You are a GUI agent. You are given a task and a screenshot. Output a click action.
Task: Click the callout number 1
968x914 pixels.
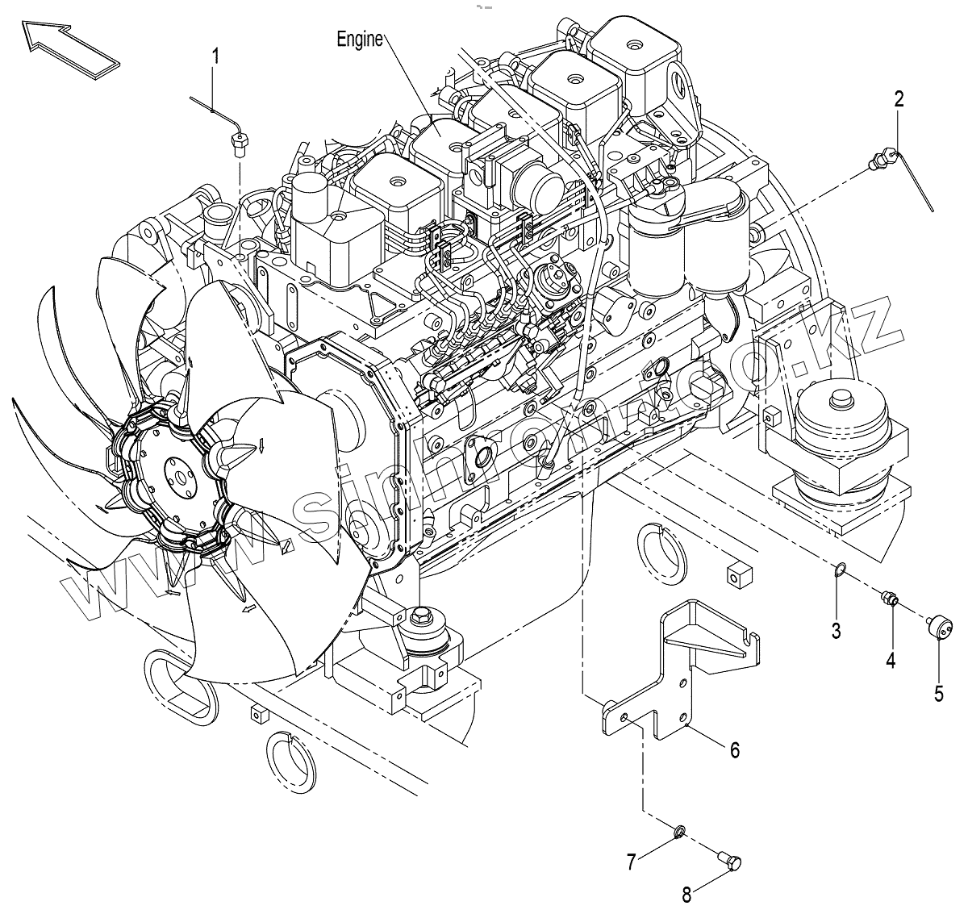tap(215, 56)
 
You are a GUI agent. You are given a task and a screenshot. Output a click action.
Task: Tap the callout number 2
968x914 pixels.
tap(899, 99)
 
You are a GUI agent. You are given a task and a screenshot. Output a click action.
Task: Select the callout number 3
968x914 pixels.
tap(837, 631)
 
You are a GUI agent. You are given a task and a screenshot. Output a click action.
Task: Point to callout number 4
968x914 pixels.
tap(891, 660)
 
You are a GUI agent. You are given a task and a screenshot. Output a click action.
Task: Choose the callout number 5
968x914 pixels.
tap(938, 692)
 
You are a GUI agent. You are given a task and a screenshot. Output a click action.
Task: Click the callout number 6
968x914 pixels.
tap(735, 749)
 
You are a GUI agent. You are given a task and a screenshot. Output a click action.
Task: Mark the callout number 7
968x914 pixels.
tap(632, 862)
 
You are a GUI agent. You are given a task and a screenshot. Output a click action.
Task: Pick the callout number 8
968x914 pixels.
tap(686, 893)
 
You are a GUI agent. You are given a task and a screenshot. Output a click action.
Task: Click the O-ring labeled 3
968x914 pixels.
tap(839, 571)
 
